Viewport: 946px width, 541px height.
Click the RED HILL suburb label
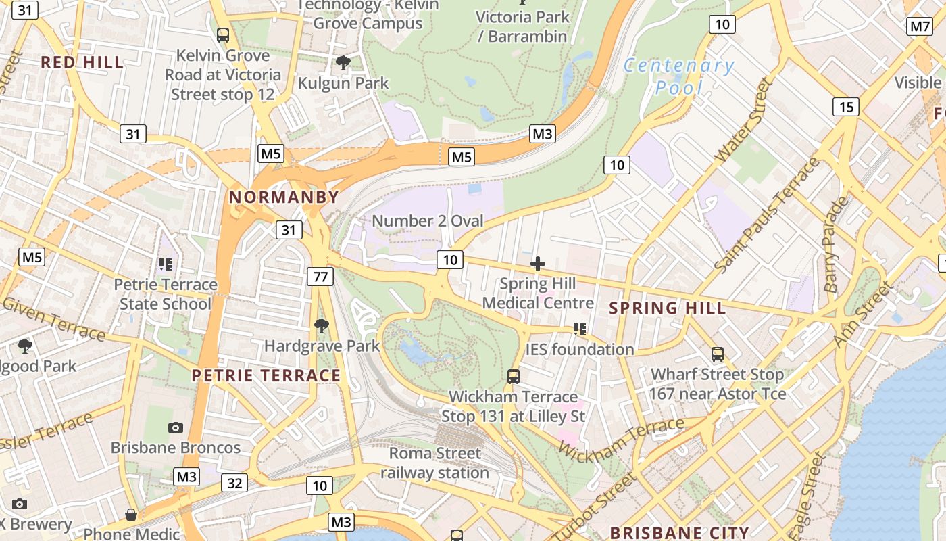click(82, 63)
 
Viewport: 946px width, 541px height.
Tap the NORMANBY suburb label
click(284, 197)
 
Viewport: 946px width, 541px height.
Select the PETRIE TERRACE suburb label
click(266, 375)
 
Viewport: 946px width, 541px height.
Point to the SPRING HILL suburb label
click(667, 308)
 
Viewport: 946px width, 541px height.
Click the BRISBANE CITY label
click(679, 532)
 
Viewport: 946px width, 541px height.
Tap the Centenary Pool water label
click(678, 76)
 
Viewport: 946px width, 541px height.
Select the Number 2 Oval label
click(428, 221)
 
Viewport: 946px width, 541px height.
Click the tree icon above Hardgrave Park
click(322, 327)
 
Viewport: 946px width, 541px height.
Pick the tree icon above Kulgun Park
click(343, 64)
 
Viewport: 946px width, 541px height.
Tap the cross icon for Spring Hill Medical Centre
click(538, 264)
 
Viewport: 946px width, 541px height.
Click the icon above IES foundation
click(579, 329)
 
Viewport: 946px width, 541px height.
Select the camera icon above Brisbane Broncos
click(176, 428)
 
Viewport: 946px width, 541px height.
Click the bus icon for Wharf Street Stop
click(718, 354)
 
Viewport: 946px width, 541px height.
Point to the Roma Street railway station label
click(434, 463)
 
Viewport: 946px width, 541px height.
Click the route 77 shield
click(320, 276)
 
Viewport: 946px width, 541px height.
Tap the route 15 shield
click(845, 107)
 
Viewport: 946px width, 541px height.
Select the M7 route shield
click(920, 26)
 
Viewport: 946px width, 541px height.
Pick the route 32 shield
click(234, 483)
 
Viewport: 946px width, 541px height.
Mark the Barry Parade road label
click(835, 245)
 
